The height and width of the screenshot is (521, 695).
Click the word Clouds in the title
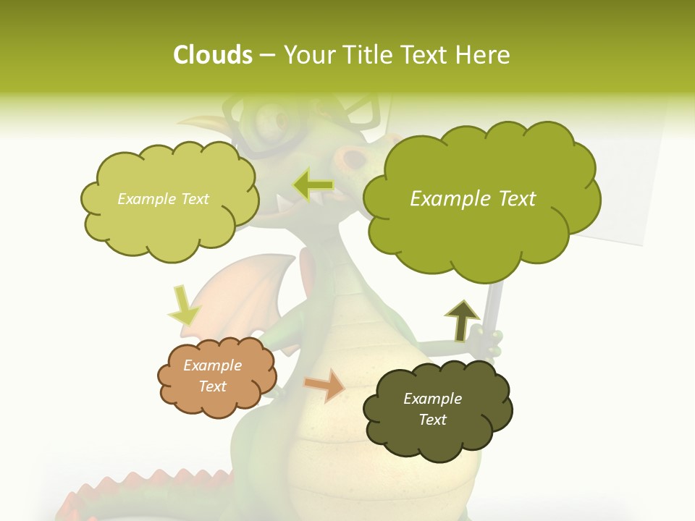tap(212, 54)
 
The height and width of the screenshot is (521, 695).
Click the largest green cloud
tap(481, 232)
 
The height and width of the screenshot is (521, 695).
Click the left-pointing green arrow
tap(313, 185)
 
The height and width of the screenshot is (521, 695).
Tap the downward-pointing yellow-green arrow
tap(183, 305)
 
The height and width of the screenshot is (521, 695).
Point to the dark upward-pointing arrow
tap(462, 321)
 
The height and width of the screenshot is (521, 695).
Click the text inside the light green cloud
tap(163, 199)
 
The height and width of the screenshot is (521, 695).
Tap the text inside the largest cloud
tap(473, 199)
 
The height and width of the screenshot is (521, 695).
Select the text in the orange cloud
tap(213, 376)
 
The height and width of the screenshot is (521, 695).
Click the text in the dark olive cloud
tap(432, 409)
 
